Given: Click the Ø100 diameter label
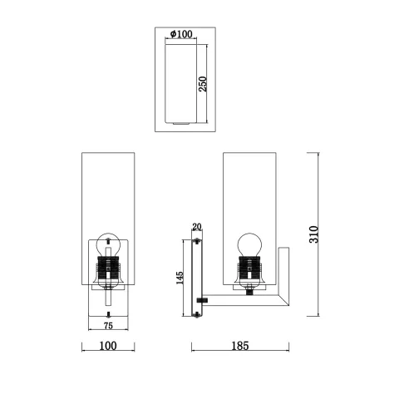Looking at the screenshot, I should (x=182, y=34).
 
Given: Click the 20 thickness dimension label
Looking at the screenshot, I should (x=197, y=227).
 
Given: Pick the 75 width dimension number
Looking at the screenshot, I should (x=107, y=326).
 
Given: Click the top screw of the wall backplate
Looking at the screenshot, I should (x=197, y=242).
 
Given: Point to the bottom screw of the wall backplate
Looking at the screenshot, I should (x=197, y=315).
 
